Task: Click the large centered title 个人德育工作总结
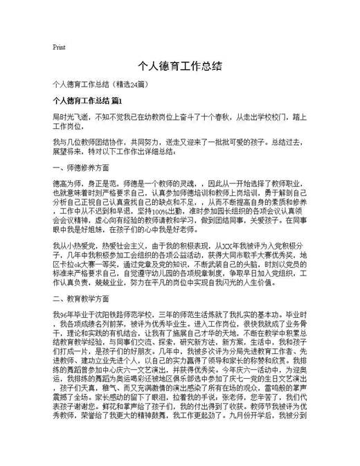pyautogui.click(x=180, y=66)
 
